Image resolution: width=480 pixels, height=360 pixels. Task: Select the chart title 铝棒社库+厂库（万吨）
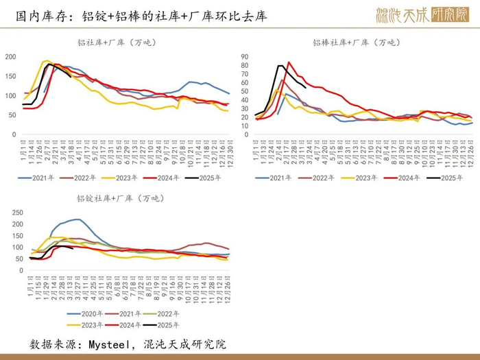pos(356,43)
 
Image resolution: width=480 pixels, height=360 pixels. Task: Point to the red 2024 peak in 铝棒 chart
pos(289,62)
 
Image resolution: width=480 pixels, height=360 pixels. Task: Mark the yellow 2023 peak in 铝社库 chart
pos(47,61)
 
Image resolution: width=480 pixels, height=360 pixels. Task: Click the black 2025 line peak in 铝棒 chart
pos(280,66)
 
